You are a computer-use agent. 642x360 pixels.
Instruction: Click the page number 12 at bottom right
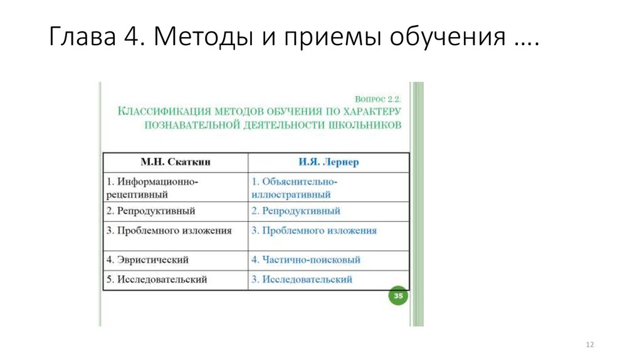(589, 346)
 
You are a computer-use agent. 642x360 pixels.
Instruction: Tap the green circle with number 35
(397, 296)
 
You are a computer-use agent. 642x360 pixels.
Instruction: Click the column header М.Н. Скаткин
(176, 162)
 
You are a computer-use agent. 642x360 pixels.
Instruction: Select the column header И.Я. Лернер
(329, 162)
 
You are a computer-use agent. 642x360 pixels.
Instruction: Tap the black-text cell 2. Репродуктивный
(151, 211)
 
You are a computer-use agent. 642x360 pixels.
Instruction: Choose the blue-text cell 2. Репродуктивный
(296, 211)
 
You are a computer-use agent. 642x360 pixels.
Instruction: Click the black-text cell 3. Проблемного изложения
(169, 231)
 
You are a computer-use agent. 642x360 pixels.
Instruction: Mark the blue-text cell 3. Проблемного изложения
(314, 231)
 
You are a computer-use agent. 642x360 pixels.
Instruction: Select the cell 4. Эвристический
(148, 260)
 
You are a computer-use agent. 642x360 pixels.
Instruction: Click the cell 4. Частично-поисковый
(306, 260)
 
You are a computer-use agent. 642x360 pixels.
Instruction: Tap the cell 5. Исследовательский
(157, 280)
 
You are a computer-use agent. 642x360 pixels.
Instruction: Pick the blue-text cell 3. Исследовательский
(302, 280)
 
